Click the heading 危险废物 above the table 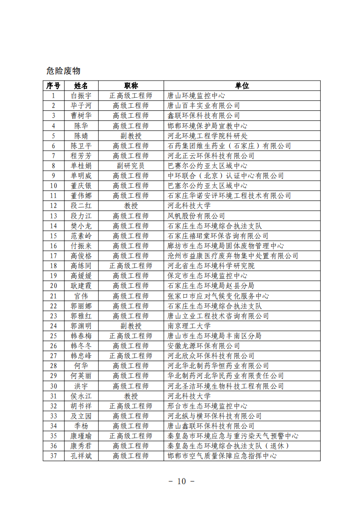(63, 71)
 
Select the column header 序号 (53, 86)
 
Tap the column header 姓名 (81, 86)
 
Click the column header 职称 (131, 86)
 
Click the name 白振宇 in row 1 (81, 96)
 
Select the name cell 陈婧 (81, 136)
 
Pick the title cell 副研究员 (131, 166)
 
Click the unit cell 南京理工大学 (189, 326)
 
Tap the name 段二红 (81, 206)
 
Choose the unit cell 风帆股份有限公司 (197, 216)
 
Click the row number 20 (53, 286)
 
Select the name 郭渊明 (81, 326)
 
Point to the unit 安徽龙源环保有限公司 (204, 346)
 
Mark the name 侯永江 (81, 396)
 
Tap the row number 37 (53, 456)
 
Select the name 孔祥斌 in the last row (81, 456)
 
